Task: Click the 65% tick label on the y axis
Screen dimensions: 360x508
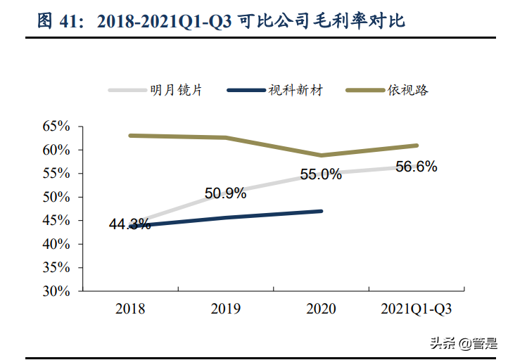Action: (x=56, y=127)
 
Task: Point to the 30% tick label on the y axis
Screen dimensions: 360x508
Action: (x=56, y=291)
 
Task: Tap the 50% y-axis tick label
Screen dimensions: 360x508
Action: (x=56, y=197)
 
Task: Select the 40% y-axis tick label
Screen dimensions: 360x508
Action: (x=56, y=244)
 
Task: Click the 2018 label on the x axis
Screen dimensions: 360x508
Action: (x=130, y=309)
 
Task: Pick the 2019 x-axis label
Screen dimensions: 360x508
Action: (x=226, y=309)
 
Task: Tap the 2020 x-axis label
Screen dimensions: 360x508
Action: (x=322, y=309)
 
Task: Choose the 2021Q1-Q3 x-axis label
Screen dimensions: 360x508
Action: (x=417, y=309)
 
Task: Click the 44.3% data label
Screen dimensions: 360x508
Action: (x=129, y=225)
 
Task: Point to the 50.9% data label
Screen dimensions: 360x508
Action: (x=225, y=193)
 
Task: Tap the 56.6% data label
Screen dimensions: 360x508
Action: (x=417, y=167)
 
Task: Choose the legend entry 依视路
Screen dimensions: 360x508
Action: (x=408, y=90)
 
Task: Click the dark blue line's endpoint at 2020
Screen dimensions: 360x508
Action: (x=322, y=211)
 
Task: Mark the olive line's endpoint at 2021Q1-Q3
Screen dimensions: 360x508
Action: (x=417, y=146)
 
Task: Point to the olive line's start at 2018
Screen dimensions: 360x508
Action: (x=131, y=135)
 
